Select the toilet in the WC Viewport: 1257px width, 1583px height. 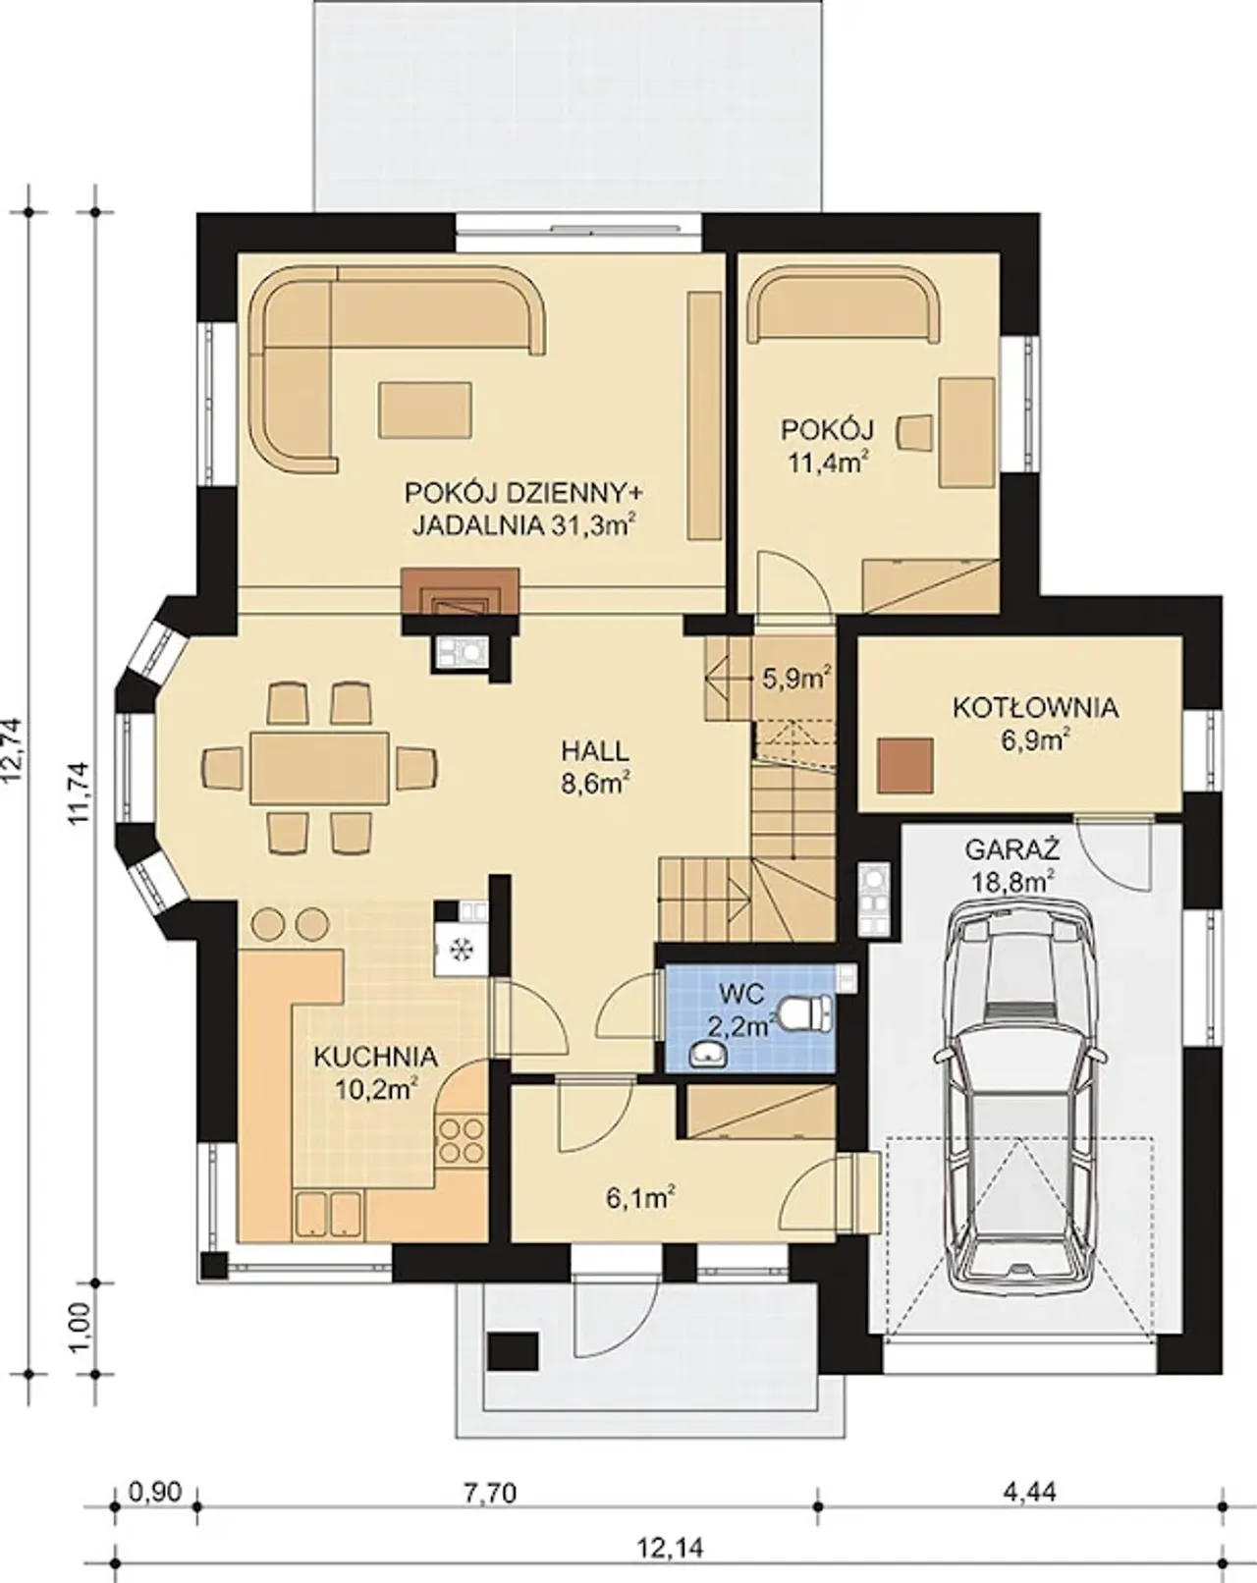(x=806, y=1012)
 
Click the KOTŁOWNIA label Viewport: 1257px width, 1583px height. (x=1036, y=708)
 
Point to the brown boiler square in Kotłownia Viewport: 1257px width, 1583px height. (x=904, y=765)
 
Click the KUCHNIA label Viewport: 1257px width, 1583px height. (x=375, y=1058)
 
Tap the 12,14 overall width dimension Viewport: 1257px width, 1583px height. (x=669, y=1544)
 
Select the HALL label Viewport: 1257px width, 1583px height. (x=596, y=751)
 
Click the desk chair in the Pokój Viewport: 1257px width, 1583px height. (x=916, y=430)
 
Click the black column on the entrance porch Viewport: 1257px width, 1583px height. (x=514, y=1350)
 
